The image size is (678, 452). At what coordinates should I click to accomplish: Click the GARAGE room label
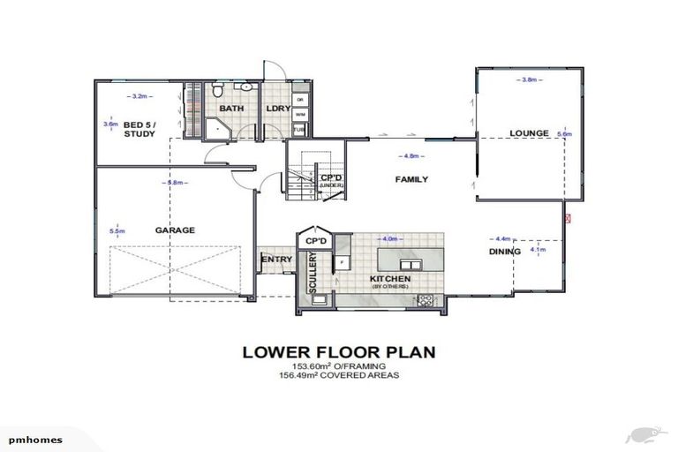coord(175,230)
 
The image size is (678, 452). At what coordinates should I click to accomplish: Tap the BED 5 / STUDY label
coord(139,129)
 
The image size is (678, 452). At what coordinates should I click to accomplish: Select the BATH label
coord(232,109)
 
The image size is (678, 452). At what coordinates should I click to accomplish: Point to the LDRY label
coord(278,109)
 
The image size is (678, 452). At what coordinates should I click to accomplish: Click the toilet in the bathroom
coord(217,91)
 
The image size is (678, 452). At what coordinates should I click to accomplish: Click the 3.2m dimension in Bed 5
coord(139,94)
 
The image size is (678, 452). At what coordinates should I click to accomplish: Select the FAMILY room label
coord(411,179)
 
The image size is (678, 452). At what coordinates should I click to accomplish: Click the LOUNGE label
coord(530,133)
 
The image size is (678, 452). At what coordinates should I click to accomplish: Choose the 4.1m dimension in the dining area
coord(538,250)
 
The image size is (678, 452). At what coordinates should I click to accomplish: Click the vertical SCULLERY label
coord(313,275)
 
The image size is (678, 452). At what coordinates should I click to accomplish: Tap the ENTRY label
coord(276,259)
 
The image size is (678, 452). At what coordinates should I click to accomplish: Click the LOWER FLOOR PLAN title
coord(339,352)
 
